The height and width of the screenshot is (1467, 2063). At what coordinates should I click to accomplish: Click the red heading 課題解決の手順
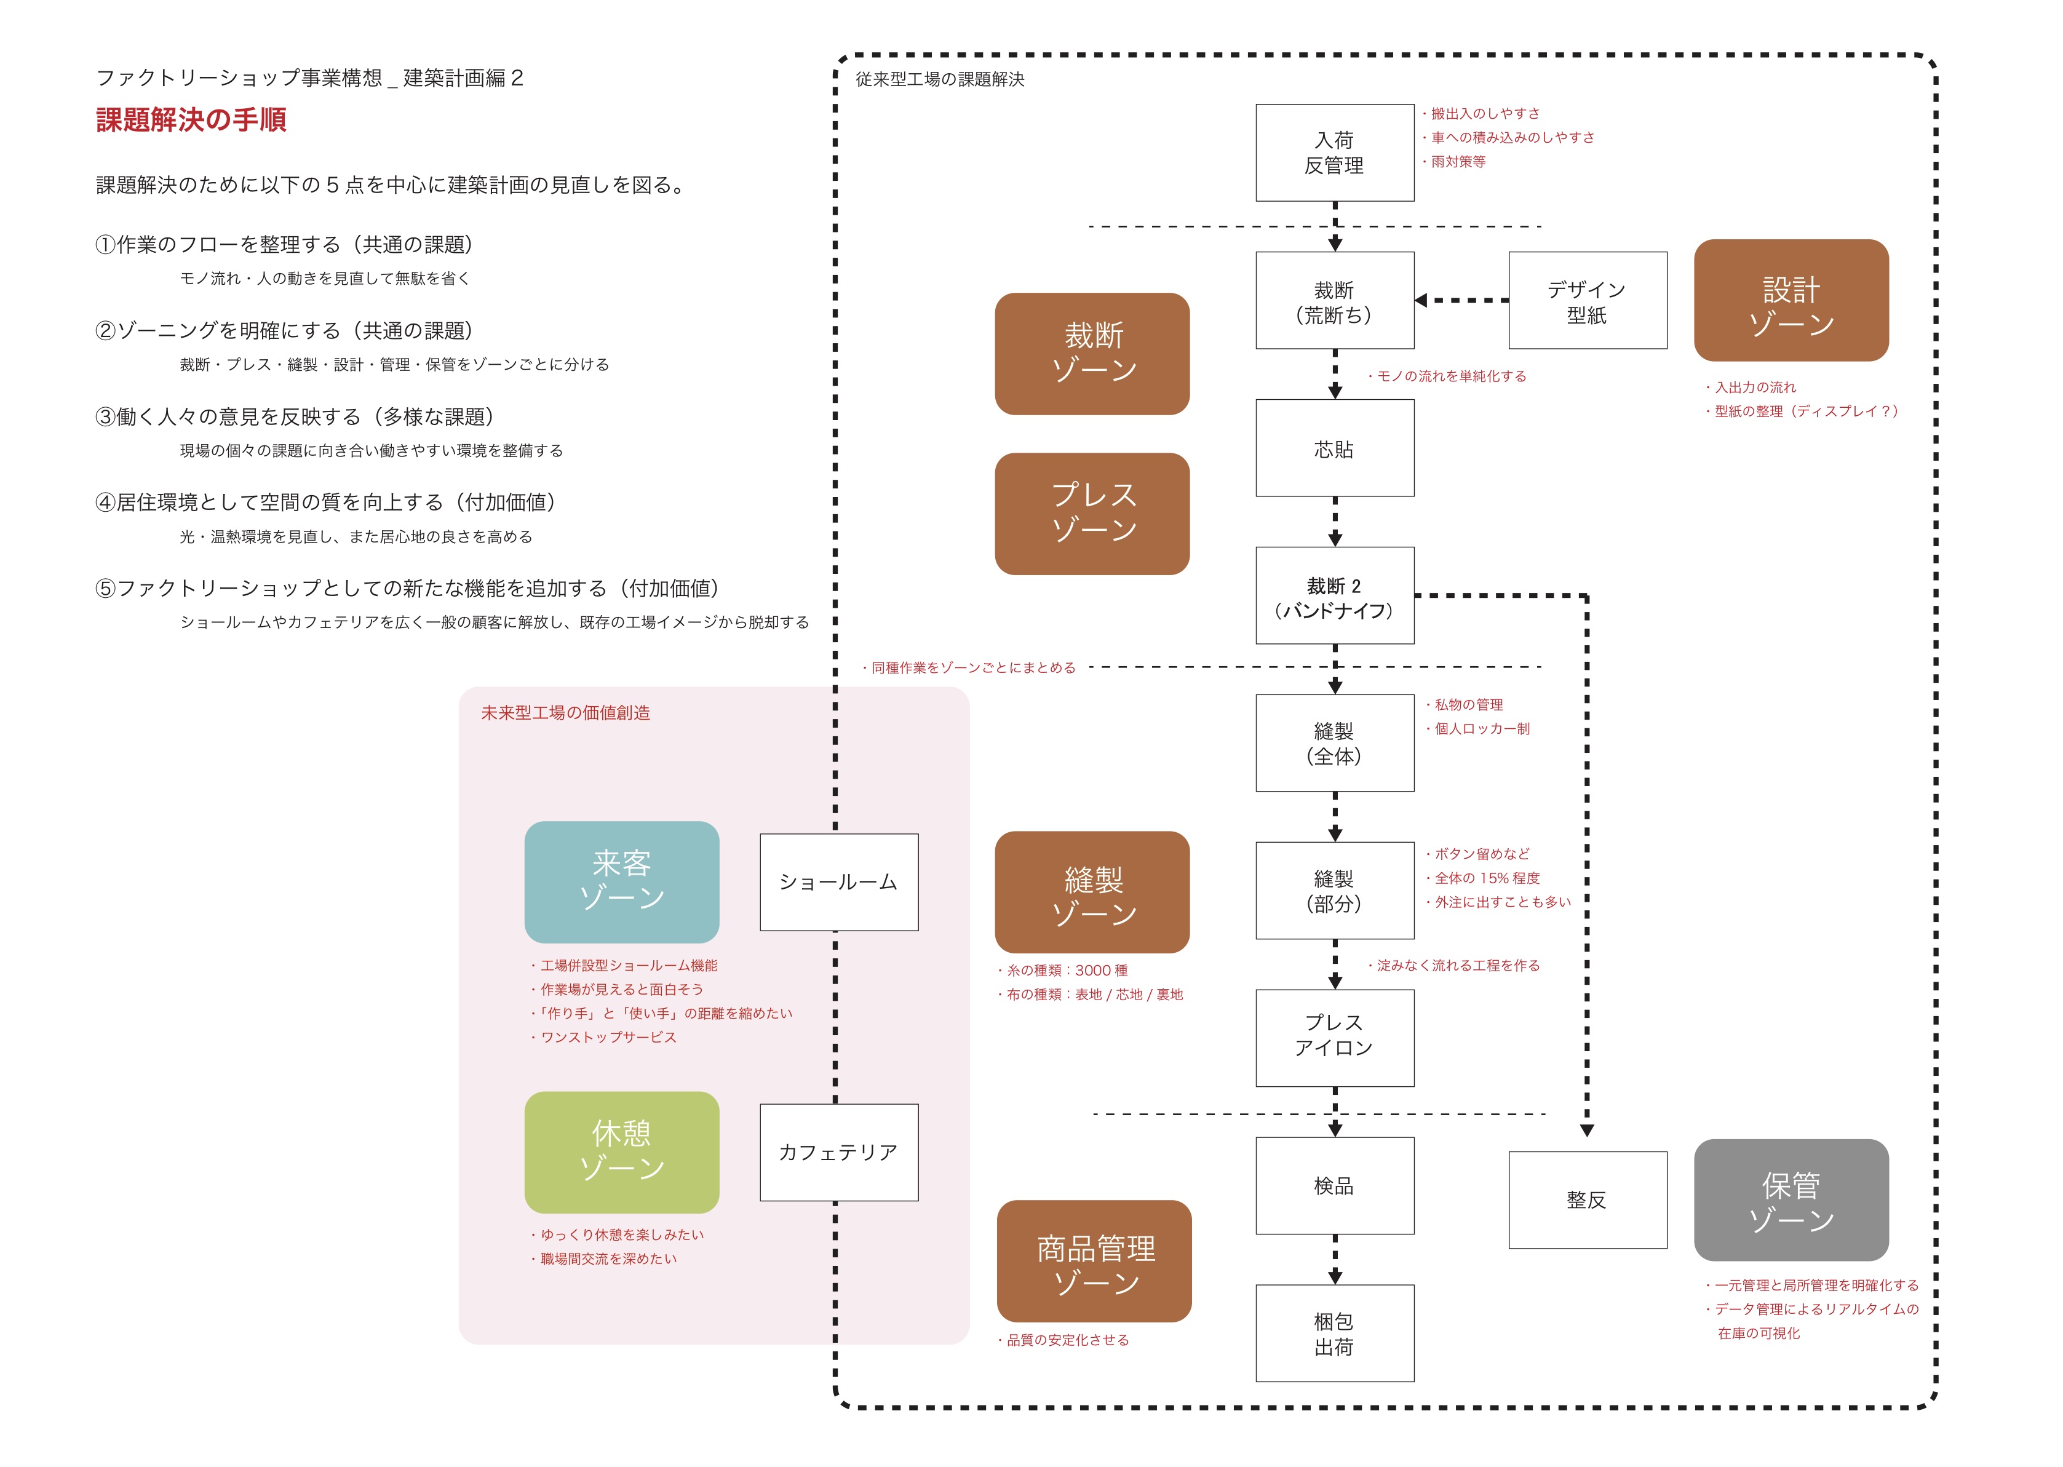coord(191,120)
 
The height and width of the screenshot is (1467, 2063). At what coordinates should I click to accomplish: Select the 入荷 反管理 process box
coord(1334,153)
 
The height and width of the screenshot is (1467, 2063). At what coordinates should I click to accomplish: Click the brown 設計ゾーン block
coord(1791,301)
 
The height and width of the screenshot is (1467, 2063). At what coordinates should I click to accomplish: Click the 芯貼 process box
coord(1334,448)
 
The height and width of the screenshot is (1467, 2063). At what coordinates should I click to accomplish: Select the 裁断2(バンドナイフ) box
coord(1334,595)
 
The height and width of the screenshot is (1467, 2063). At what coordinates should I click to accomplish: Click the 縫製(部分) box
coord(1334,891)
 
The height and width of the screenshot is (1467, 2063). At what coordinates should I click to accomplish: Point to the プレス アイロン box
coord(1334,1038)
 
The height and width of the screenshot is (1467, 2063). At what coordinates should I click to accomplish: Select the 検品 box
coord(1334,1185)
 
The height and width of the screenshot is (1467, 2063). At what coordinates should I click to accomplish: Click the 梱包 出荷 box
coord(1334,1334)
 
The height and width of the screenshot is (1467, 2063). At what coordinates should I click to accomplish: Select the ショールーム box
coord(838,881)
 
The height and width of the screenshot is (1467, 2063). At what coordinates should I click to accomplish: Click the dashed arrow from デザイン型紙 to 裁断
coord(1463,301)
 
